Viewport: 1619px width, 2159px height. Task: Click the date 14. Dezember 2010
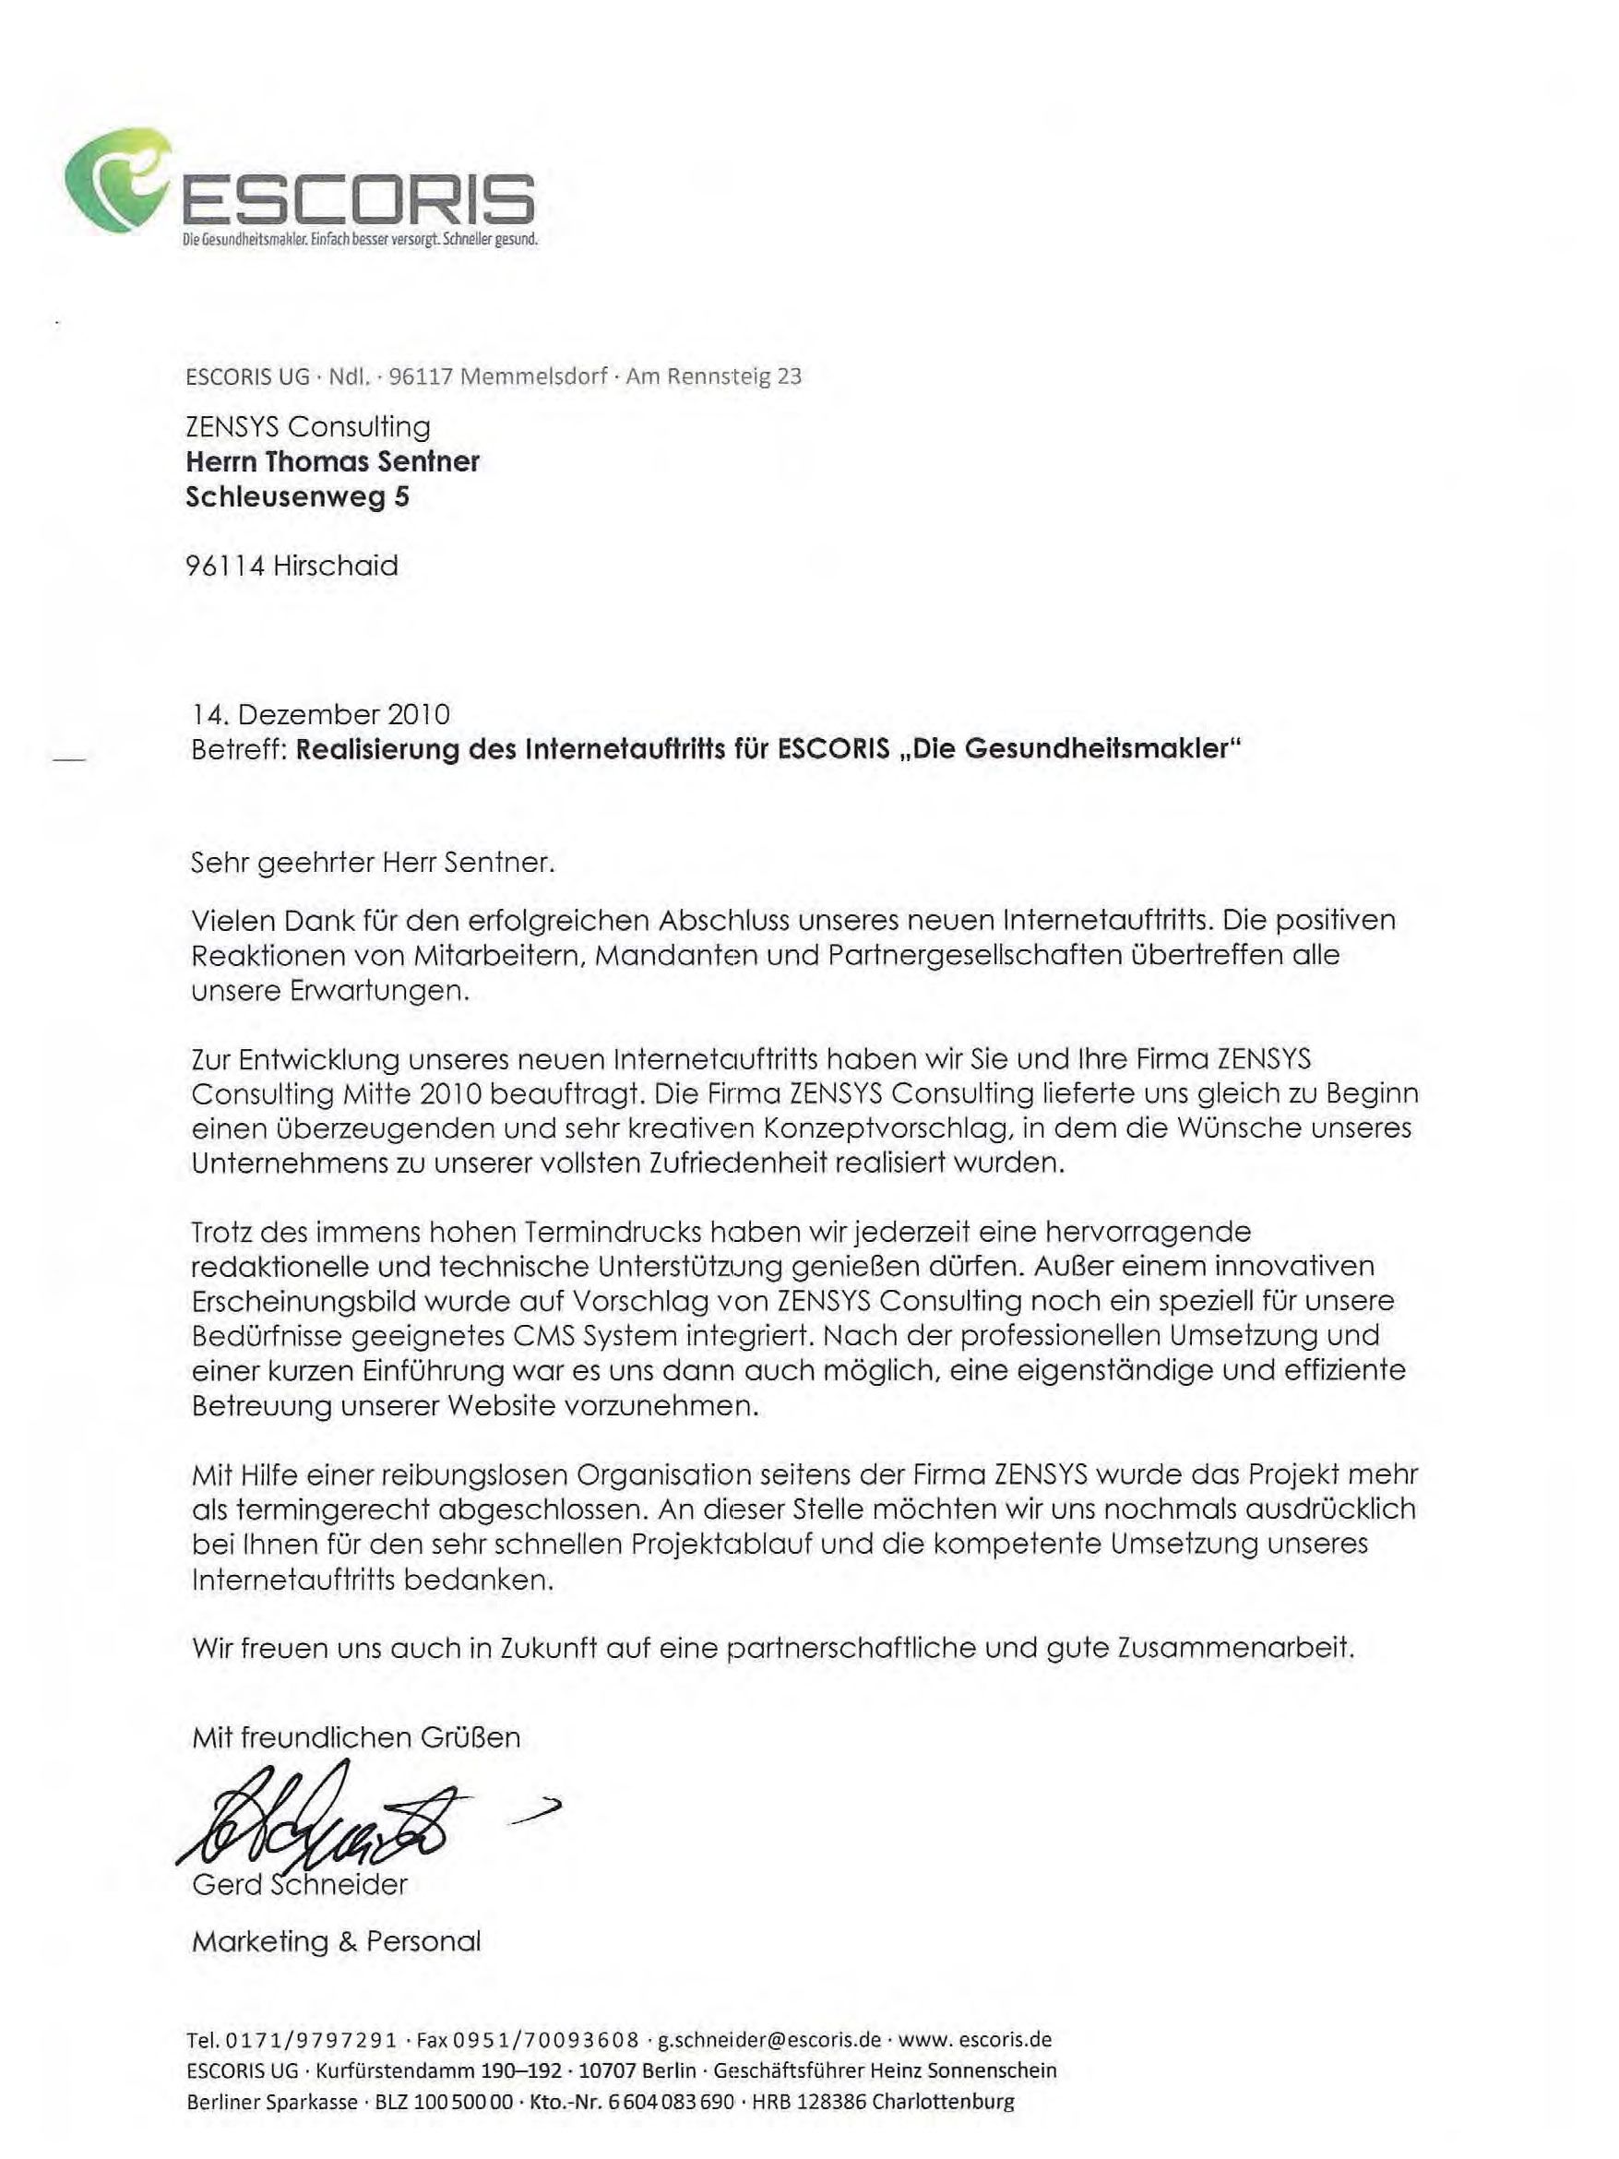[320, 714]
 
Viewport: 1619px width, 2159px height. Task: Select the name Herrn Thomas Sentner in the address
[332, 461]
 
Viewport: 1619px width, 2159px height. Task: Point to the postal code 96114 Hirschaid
[291, 567]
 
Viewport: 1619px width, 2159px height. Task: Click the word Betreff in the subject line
[236, 749]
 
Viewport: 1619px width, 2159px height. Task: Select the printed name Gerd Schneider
[299, 1884]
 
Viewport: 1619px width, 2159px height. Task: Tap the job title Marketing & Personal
[336, 1941]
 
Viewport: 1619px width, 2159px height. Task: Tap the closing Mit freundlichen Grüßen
[356, 1737]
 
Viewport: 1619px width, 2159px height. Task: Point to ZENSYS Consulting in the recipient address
[307, 426]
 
